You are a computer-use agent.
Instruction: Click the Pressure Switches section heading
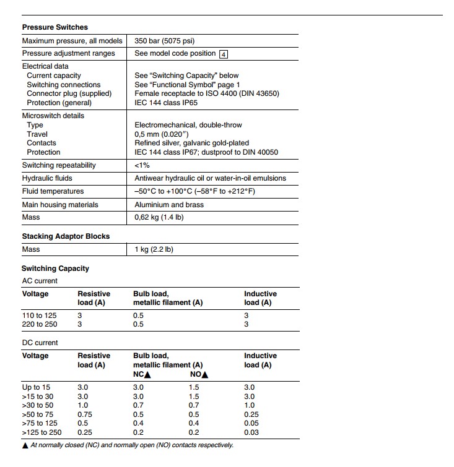(55, 27)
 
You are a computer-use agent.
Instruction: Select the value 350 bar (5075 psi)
(164, 41)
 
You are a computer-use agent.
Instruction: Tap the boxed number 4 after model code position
(224, 54)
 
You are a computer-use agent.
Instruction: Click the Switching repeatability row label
(59, 165)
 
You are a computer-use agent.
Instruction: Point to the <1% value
(142, 165)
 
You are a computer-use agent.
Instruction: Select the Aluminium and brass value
(168, 205)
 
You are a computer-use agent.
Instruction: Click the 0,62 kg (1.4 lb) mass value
(159, 217)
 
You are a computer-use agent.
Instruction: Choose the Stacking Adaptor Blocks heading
(66, 236)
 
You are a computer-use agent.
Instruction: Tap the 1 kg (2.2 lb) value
(154, 249)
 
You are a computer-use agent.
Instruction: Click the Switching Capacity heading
(55, 268)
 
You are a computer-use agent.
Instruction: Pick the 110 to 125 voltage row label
(39, 315)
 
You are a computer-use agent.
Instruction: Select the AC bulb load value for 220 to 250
(138, 324)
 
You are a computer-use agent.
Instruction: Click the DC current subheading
(40, 343)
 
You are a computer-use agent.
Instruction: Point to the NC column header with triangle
(142, 374)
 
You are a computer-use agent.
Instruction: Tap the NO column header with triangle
(199, 374)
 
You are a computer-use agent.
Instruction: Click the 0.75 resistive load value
(85, 414)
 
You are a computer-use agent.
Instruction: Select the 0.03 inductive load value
(251, 432)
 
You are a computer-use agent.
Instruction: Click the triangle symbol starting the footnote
(25, 445)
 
